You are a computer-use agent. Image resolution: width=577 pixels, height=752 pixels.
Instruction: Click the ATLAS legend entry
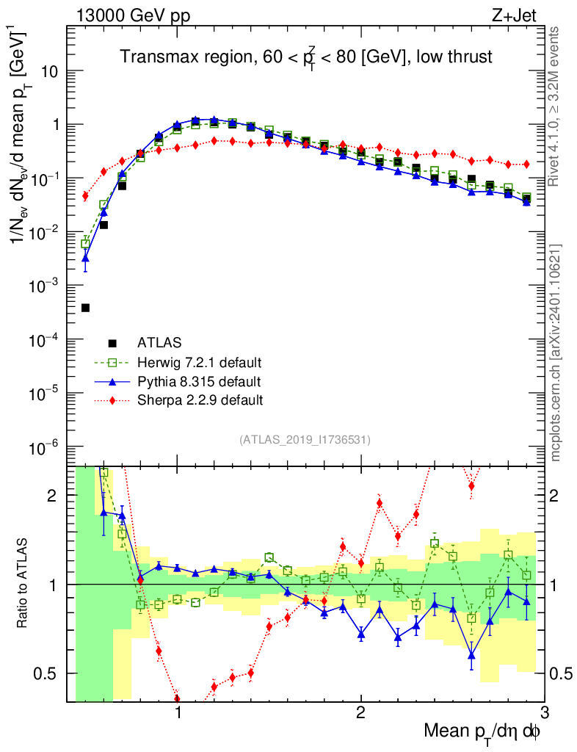point(159,342)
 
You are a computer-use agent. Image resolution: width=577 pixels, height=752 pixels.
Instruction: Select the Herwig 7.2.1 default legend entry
point(200,362)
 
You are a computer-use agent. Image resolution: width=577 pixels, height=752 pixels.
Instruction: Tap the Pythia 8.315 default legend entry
point(199,381)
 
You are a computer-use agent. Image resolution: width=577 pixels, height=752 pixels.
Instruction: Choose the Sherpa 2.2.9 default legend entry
point(200,400)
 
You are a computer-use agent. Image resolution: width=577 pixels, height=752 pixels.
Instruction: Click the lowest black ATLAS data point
point(85,308)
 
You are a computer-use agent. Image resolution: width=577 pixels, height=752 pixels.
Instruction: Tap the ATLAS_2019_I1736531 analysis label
point(305,440)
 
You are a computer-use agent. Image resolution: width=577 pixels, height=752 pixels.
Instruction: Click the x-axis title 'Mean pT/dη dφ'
point(484,731)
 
